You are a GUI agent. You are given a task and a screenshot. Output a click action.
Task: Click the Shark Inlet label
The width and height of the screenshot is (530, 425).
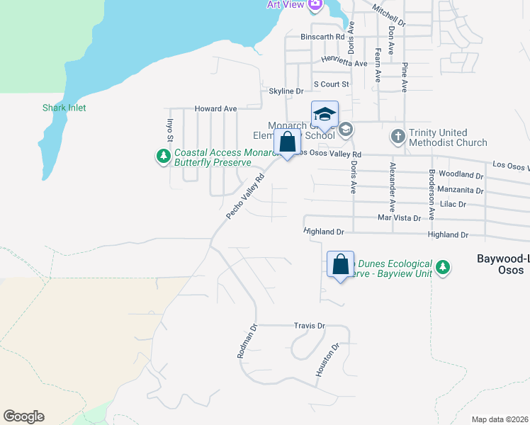[64, 108]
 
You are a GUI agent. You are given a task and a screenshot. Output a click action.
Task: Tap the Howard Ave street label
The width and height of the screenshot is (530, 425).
[215, 109]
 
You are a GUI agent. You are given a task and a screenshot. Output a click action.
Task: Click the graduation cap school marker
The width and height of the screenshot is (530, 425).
[325, 115]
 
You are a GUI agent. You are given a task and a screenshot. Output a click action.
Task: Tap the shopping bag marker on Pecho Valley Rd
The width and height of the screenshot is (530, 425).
[287, 142]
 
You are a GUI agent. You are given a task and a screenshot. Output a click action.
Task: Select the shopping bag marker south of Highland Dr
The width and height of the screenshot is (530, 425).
[340, 264]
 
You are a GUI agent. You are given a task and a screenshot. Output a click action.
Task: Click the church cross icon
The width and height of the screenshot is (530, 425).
[398, 135]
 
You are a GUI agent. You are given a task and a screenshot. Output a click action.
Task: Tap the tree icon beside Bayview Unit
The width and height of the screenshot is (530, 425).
[443, 266]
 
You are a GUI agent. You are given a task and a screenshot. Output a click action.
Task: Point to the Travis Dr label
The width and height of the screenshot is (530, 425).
[309, 326]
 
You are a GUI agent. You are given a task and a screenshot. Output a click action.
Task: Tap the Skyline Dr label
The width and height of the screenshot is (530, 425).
[286, 91]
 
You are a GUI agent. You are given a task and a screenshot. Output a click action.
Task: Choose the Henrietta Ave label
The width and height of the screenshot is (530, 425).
[344, 63]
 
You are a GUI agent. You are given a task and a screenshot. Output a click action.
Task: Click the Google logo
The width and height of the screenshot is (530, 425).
[23, 416]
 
